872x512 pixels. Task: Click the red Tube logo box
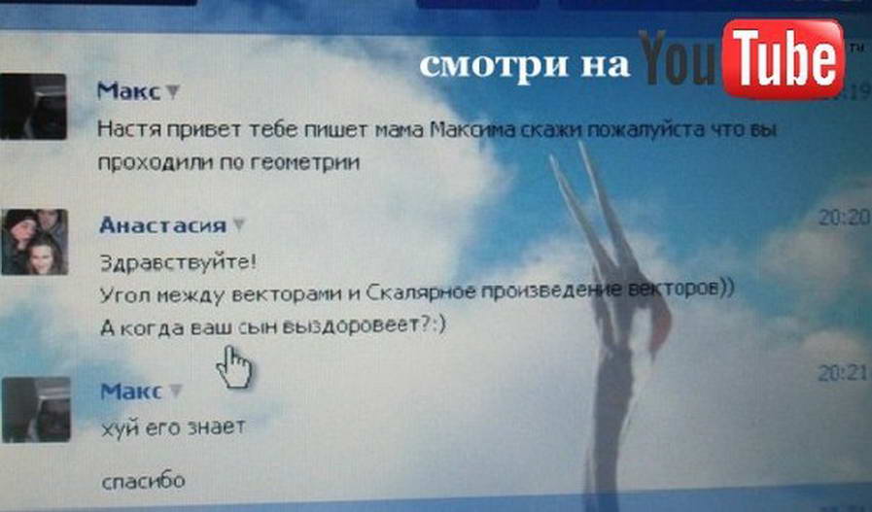coord(783,58)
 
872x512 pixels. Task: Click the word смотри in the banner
coord(494,64)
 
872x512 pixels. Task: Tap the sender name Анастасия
coord(163,224)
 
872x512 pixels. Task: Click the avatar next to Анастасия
coord(34,242)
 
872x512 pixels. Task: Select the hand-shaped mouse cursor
coord(233,367)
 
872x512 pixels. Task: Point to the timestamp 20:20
coord(843,218)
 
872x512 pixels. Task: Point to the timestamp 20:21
coord(843,372)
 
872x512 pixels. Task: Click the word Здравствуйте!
coord(178,261)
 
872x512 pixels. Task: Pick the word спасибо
coord(144,481)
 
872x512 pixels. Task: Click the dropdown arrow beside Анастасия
coord(238,224)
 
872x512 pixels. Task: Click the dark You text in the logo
coord(678,57)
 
